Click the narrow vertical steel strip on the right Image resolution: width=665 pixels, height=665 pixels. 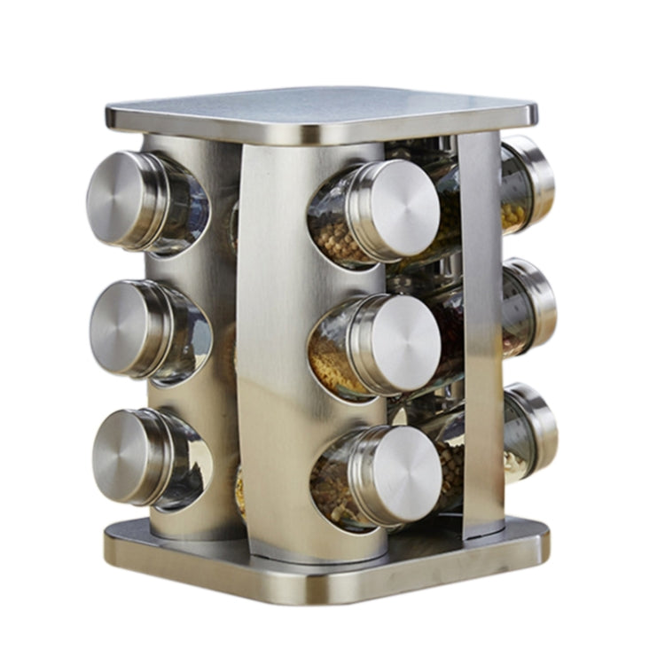(482, 328)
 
